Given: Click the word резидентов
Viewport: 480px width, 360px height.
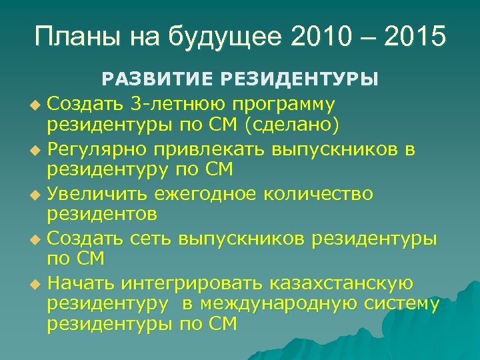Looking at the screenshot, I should (x=102, y=215).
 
